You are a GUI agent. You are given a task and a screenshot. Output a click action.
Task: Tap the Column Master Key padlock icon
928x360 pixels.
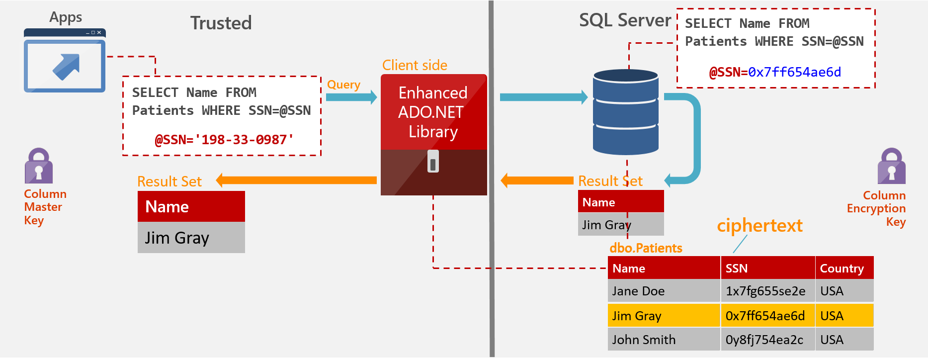[x=39, y=166]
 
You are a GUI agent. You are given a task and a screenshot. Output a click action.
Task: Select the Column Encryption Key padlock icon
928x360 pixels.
[x=891, y=167]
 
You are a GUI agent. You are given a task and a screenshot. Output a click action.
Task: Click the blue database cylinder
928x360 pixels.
[x=626, y=112]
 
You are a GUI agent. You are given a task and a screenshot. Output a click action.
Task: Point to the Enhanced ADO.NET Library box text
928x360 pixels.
[x=433, y=112]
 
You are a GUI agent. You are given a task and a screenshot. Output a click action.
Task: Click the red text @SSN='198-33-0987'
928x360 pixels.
[x=224, y=140]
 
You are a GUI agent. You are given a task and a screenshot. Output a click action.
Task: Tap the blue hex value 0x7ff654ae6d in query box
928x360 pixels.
[x=794, y=72]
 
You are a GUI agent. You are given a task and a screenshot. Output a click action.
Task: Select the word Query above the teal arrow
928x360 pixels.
[x=343, y=85]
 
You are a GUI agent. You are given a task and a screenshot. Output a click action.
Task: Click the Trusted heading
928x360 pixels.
[x=221, y=23]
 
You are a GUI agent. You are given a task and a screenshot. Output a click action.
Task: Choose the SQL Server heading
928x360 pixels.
[x=625, y=20]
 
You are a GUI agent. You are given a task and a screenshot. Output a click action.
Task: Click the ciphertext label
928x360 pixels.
[x=759, y=225]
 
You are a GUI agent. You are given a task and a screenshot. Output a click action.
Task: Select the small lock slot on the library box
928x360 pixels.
[x=433, y=162]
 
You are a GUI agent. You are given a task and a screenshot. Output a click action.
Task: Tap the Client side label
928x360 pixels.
[x=415, y=65]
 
